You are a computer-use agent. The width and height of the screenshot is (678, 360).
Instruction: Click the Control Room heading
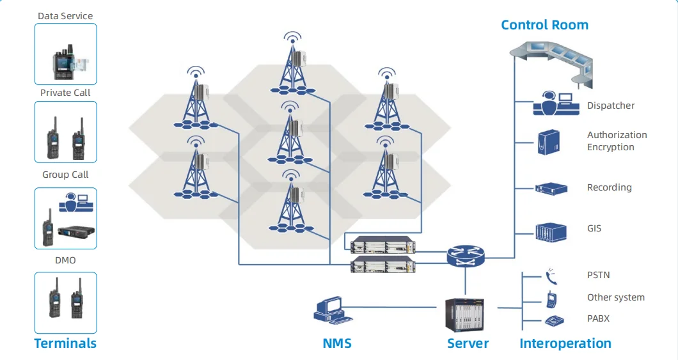(x=544, y=25)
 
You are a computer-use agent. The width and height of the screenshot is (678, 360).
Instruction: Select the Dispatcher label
(x=611, y=106)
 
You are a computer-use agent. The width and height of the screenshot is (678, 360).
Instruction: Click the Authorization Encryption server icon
(x=548, y=142)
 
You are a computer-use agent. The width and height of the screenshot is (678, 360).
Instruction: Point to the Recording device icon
(x=551, y=188)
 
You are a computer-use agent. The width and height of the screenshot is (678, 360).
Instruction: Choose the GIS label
(x=594, y=228)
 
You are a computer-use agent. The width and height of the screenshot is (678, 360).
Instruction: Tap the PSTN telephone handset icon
(x=551, y=276)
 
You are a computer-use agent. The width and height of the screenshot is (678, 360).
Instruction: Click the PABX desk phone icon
(x=552, y=320)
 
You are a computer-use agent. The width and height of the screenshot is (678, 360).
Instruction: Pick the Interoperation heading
(x=565, y=343)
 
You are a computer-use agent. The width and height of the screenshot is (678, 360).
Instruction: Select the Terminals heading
(x=65, y=343)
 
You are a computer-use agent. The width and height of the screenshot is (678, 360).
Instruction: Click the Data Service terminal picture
(x=66, y=54)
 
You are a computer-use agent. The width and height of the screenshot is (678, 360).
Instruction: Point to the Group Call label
(x=65, y=175)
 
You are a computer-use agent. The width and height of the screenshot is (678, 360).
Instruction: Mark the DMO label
(x=65, y=260)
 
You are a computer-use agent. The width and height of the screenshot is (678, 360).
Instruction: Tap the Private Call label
(x=65, y=93)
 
